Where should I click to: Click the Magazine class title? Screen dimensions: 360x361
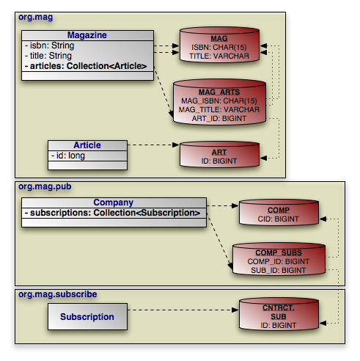[x=87, y=35]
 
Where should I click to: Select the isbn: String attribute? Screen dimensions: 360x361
[x=50, y=45]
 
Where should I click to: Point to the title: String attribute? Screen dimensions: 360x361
[x=48, y=56]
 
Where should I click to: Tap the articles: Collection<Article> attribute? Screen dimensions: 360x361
[x=86, y=66]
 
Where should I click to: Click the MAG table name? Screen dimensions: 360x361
[x=219, y=39]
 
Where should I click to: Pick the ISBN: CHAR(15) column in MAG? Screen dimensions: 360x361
[x=219, y=47]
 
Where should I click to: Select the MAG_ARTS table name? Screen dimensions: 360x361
[x=219, y=92]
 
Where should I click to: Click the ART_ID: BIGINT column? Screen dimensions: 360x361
[x=219, y=118]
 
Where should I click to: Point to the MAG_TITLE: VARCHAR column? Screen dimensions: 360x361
[x=219, y=109]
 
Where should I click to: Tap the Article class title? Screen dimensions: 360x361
[x=87, y=145]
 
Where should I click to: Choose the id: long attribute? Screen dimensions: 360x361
[x=68, y=156]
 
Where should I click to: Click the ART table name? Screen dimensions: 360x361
[x=219, y=153]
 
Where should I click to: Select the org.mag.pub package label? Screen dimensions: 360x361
[x=45, y=186]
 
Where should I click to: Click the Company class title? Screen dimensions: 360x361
[x=114, y=203]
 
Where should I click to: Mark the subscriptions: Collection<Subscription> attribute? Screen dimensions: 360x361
[x=113, y=213]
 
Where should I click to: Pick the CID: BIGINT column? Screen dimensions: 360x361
[x=279, y=219]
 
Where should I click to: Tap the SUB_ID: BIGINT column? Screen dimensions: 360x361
[x=279, y=270]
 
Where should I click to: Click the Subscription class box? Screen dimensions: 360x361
[x=87, y=317]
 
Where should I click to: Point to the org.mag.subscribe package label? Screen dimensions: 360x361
[x=58, y=294]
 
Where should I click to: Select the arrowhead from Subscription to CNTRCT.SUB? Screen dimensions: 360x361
[x=235, y=310]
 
